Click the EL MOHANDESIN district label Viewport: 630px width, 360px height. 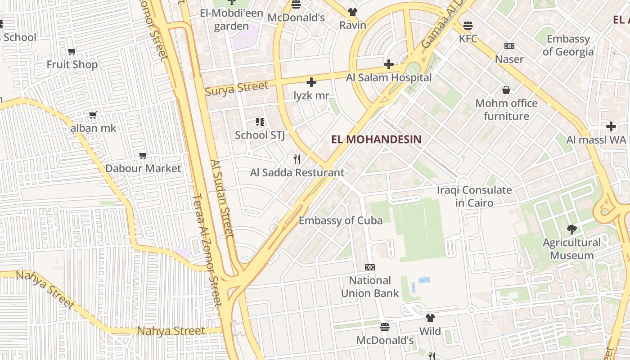(376, 139)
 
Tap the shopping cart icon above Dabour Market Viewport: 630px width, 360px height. (143, 156)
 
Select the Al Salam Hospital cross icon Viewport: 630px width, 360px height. (389, 64)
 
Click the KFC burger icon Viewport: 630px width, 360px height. (468, 26)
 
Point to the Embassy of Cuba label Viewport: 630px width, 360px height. (341, 220)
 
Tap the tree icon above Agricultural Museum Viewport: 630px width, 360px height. (571, 229)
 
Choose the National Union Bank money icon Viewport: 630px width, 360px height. (370, 267)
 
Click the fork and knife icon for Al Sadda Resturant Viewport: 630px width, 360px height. (297, 159)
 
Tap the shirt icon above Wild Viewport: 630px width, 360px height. (430, 318)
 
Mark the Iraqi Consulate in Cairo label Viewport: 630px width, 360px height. (474, 196)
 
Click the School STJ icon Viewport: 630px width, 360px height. (260, 122)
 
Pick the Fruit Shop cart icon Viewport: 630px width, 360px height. (72, 51)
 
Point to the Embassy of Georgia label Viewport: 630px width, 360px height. (568, 45)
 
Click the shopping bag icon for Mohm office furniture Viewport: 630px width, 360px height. (506, 90)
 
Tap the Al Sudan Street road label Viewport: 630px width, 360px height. (222, 198)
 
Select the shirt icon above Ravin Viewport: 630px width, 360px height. (353, 12)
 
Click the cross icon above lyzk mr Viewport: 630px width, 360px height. (311, 82)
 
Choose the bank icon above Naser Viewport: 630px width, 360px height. (509, 46)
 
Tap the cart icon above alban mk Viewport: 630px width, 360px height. (93, 115)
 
